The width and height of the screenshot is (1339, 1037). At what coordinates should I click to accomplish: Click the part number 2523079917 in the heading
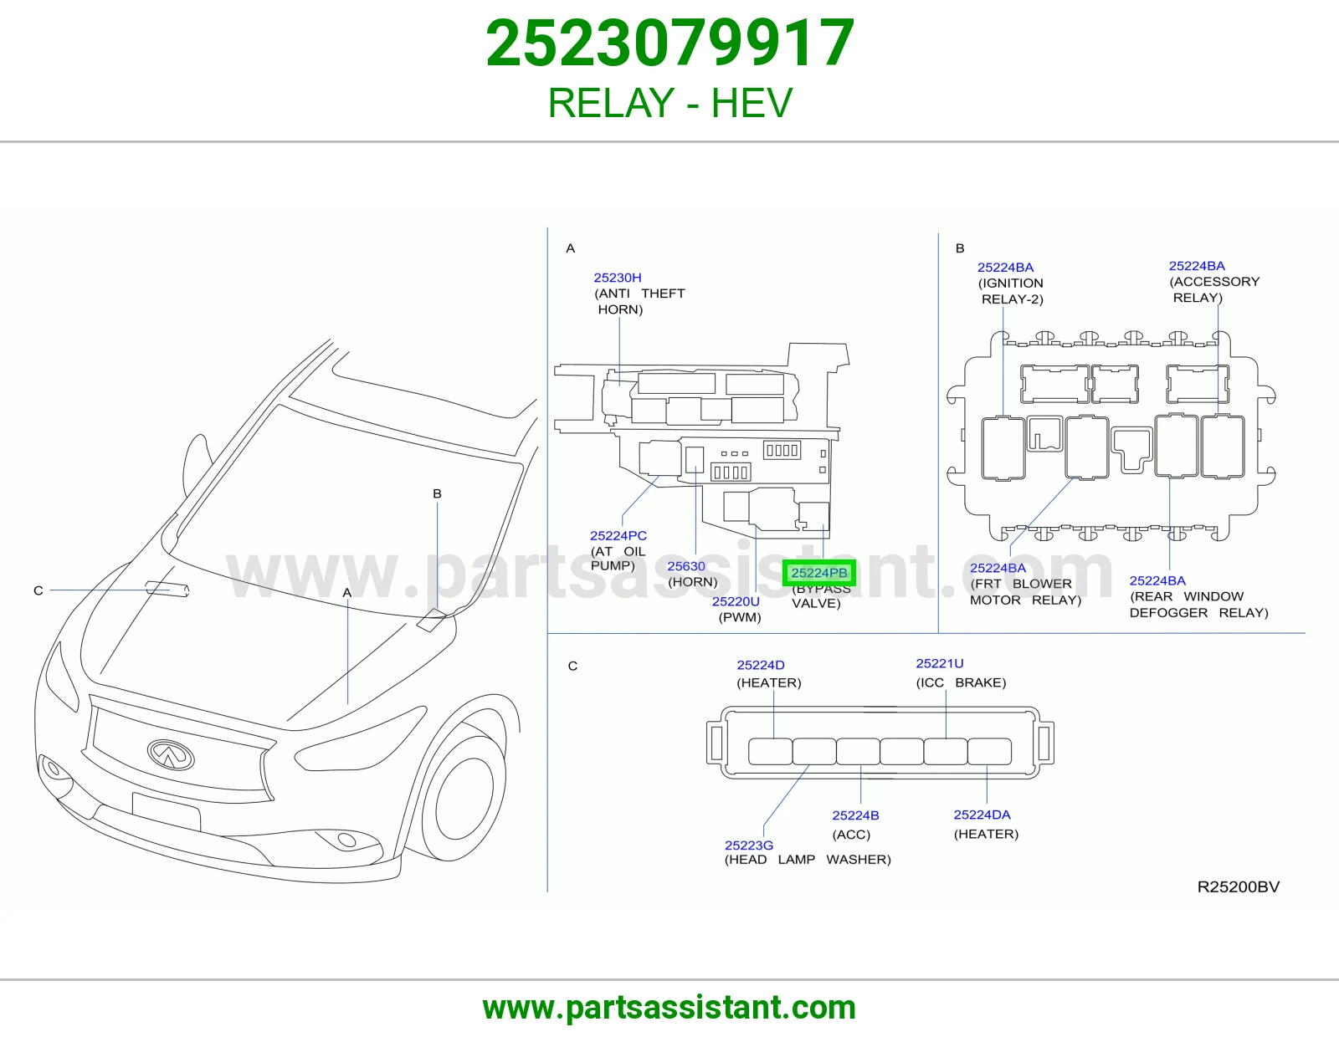669,43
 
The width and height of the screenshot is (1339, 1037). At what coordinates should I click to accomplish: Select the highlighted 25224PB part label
819,573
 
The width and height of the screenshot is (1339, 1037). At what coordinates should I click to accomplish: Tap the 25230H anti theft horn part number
618,278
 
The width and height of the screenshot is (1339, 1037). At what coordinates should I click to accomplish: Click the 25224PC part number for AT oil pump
618,536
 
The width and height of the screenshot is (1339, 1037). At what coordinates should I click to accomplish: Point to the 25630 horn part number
686,566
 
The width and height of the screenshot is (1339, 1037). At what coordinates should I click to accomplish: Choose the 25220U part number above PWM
736,601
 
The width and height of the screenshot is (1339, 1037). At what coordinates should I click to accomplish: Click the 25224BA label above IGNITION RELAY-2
1006,268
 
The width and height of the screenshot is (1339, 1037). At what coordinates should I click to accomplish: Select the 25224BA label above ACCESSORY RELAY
1197,266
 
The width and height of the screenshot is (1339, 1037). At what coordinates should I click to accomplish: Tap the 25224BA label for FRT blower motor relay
998,568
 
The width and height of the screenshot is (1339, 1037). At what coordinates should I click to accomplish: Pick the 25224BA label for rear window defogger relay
1157,580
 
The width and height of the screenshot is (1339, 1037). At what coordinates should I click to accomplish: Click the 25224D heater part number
761,665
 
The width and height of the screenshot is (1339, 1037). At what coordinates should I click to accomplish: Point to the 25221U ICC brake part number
940,663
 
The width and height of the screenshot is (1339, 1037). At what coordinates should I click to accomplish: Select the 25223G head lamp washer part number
749,845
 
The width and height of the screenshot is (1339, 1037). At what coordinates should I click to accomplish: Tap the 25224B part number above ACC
855,815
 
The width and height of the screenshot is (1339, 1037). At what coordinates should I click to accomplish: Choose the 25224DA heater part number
982,815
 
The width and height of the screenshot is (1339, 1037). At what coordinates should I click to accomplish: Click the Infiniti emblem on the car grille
171,754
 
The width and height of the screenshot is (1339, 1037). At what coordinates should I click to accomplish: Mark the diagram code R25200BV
1239,886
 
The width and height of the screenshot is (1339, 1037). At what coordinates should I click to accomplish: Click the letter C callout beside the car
38,590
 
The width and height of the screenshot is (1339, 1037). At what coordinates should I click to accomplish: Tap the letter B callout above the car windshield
437,493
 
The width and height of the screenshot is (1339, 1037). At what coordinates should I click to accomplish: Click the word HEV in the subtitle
752,103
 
